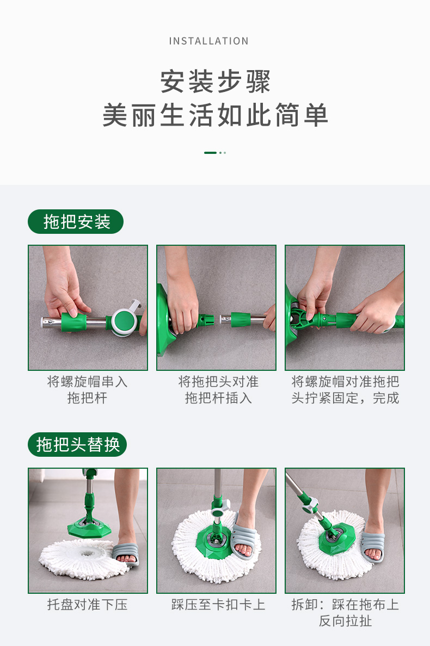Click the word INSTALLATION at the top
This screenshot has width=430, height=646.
tap(208, 41)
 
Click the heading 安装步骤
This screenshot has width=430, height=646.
tap(215, 82)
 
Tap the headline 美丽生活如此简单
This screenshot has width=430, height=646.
tap(215, 115)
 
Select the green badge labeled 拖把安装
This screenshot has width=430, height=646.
tap(76, 222)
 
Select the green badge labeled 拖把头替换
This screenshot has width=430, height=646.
tap(77, 445)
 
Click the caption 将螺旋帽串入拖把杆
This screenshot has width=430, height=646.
tap(88, 390)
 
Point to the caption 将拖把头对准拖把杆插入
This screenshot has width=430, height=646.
tap(218, 390)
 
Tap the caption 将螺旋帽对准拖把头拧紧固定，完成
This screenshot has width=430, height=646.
tap(345, 390)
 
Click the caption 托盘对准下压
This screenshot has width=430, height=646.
tap(88, 604)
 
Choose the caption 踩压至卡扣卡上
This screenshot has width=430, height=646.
tap(218, 604)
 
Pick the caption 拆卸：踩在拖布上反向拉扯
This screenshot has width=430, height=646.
tap(345, 613)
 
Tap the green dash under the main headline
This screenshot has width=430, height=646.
tap(210, 153)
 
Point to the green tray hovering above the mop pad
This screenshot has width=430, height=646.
tap(89, 527)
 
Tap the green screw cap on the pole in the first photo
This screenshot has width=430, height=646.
tap(74, 322)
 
